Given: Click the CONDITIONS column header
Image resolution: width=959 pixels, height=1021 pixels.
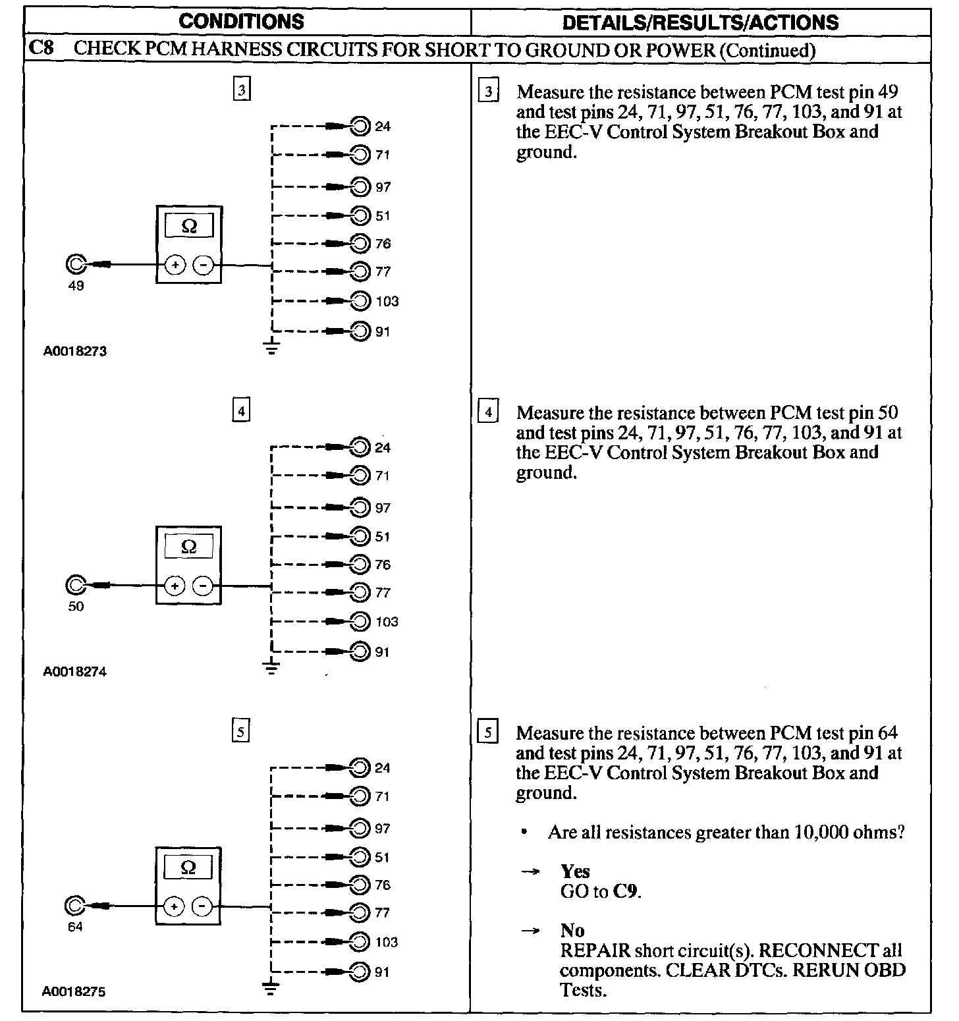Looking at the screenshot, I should point(241,21).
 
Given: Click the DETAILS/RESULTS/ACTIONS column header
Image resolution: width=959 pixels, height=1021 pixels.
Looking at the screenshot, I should point(700,22).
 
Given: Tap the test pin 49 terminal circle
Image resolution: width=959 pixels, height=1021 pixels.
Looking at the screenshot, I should point(75,264).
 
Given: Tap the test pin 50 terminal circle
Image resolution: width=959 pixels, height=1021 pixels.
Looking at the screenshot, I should point(75,585).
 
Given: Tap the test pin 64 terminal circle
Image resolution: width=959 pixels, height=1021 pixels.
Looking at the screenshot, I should point(74,906).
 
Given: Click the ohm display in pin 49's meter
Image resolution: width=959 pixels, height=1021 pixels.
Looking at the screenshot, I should point(188,226).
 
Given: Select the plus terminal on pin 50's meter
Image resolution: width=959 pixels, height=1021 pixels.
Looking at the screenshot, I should point(175,585).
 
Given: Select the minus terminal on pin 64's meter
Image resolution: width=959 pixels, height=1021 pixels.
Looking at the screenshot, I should point(202,907).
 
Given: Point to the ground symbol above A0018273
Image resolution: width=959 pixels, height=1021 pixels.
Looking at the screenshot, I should point(271,347).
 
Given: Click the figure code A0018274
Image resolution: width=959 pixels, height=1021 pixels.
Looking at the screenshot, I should point(75,672).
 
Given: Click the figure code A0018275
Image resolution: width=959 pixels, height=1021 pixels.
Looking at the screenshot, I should point(74,991).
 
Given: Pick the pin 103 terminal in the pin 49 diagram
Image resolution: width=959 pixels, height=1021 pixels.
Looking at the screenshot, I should point(360,301).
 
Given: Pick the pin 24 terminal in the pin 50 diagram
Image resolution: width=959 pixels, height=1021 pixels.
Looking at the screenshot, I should point(360,447).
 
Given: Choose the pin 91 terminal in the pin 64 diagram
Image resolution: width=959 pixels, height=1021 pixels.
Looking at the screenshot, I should point(360,972).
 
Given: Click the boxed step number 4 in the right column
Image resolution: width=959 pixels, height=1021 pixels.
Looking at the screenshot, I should point(488,413).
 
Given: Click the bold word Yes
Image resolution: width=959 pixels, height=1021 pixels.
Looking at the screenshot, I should point(575,871).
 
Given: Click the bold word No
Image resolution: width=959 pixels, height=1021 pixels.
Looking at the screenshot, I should point(572,930).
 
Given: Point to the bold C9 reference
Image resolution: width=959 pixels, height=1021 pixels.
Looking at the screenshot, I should point(626,892).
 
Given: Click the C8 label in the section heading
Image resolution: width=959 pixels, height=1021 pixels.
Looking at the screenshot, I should point(42,49).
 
